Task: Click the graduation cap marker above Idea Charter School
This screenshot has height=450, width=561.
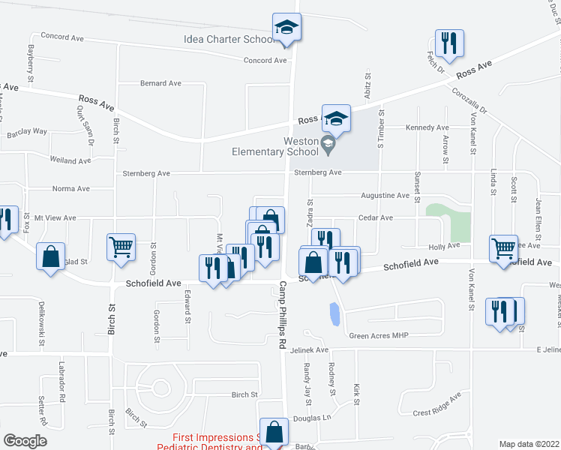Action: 286,28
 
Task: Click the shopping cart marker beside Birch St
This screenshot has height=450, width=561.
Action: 121,246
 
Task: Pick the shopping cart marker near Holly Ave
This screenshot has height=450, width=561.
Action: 502,248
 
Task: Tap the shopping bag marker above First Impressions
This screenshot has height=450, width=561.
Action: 274,433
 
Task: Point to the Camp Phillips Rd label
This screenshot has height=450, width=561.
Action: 283,314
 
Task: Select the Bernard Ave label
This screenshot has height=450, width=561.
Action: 160,83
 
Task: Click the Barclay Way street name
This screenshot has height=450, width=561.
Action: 27,132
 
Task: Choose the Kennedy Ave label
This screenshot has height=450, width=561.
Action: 427,127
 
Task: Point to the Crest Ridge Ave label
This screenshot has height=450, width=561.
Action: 436,406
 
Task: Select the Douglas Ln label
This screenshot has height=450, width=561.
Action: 312,418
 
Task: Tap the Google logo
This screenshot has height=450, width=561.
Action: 24,441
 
